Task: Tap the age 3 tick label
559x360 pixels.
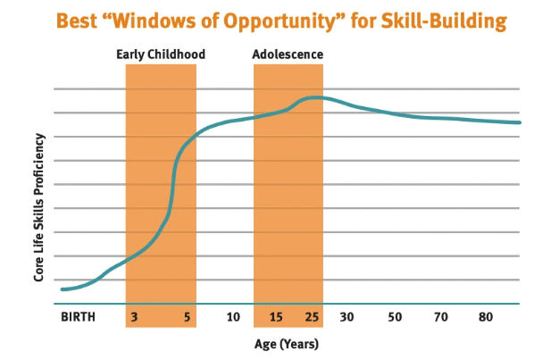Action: click(x=133, y=317)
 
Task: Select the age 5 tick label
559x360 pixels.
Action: click(x=188, y=317)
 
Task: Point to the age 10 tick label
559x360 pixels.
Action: click(x=233, y=317)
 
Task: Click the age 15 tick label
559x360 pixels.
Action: click(x=276, y=317)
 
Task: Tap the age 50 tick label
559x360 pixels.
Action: click(x=395, y=317)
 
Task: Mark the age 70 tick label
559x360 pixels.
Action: click(x=440, y=317)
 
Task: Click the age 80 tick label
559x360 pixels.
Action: click(x=486, y=317)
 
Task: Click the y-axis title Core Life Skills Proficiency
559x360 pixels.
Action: click(x=39, y=207)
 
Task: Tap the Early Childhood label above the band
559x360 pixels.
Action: click(x=161, y=54)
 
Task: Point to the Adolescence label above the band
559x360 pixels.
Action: click(x=288, y=54)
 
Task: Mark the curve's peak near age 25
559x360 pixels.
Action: click(x=314, y=97)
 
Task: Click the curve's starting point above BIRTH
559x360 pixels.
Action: click(x=62, y=289)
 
